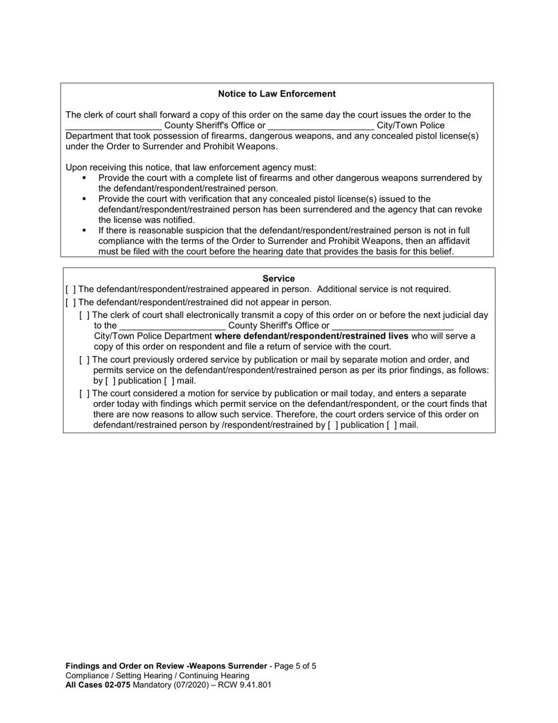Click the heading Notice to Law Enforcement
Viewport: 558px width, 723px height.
click(x=277, y=94)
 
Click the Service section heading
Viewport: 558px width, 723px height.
click(x=278, y=279)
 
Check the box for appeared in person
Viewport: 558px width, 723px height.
click(x=70, y=289)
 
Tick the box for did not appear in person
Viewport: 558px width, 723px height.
click(x=70, y=302)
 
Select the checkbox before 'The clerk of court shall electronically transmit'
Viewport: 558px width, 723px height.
click(x=84, y=315)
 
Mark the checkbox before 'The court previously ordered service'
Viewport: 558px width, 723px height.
click(x=84, y=360)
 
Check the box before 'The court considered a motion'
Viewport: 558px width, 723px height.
click(x=84, y=393)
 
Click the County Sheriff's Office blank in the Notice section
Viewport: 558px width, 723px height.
click(x=113, y=126)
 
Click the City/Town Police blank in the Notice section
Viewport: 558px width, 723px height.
click(x=321, y=126)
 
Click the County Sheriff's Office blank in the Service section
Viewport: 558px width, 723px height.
click(x=172, y=326)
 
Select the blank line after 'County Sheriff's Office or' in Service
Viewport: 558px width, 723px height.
click(x=392, y=326)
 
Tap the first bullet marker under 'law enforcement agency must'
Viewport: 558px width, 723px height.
click(x=85, y=178)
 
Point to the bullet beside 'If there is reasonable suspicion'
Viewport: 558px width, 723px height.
click(x=85, y=230)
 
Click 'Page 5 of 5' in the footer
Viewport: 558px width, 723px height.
click(x=296, y=666)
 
